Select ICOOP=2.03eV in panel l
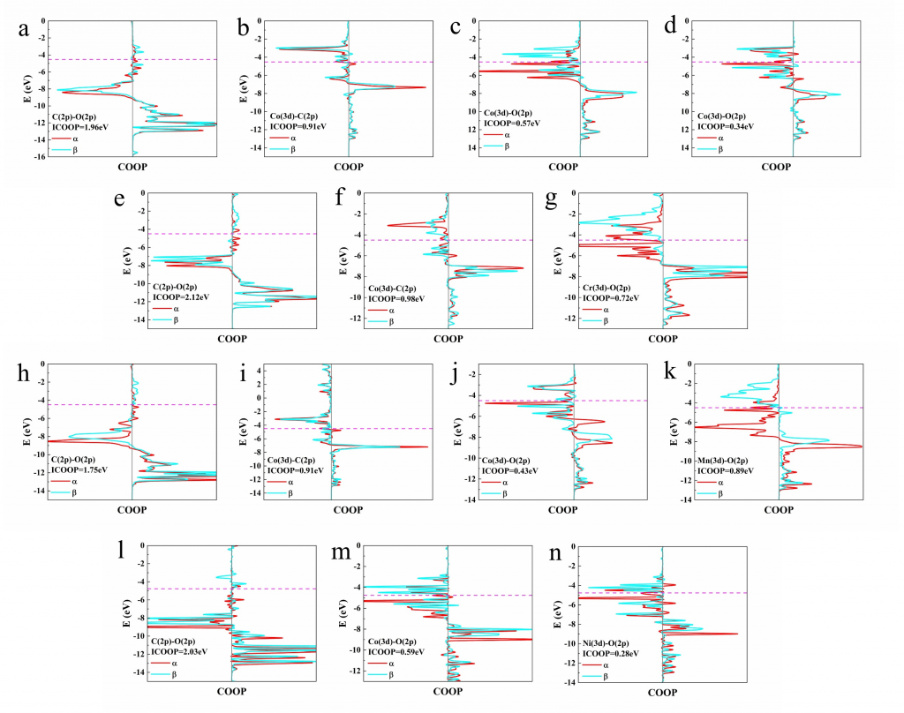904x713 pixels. tap(183, 651)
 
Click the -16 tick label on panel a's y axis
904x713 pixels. tap(41, 157)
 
